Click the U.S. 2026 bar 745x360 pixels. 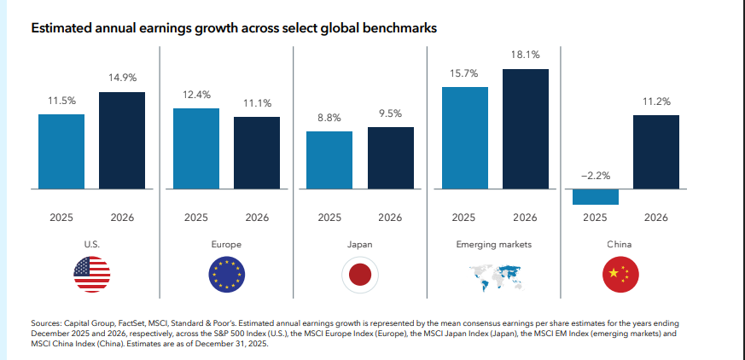(x=122, y=139)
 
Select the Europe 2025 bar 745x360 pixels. (x=196, y=148)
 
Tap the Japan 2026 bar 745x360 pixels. (x=391, y=157)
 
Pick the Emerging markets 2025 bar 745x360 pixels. (x=465, y=137)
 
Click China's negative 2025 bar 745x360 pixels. (x=596, y=196)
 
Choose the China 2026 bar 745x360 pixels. (x=656, y=151)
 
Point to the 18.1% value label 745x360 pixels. (x=526, y=55)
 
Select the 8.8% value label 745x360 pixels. (x=329, y=118)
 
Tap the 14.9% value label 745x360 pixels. (x=122, y=78)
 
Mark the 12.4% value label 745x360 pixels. (x=195, y=95)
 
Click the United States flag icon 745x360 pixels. (x=92, y=273)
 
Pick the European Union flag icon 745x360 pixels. (x=226, y=273)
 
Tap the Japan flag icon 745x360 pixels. (x=360, y=273)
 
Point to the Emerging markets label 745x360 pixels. (x=495, y=244)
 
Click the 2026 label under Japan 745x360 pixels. (x=391, y=218)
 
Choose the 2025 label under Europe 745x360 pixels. (x=195, y=218)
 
